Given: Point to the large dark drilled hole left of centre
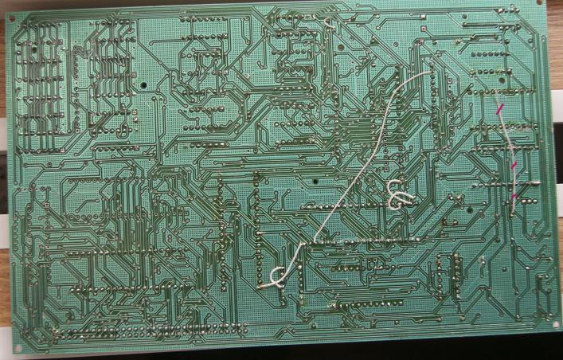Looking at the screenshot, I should [x=144, y=84].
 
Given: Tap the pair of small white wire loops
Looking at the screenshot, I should [x=397, y=194].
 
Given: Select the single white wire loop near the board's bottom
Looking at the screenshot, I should [x=276, y=276].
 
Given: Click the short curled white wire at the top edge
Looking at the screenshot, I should [x=329, y=24].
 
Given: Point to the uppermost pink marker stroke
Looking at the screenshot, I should [x=500, y=108].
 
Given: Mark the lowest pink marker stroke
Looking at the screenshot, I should [x=514, y=196].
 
